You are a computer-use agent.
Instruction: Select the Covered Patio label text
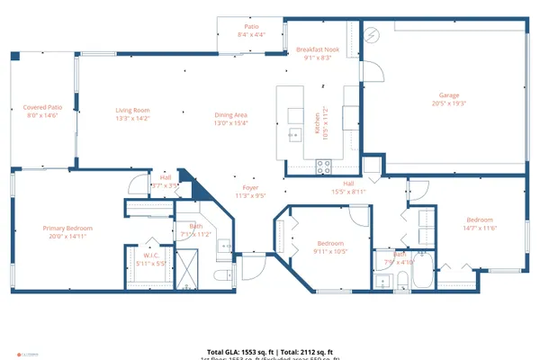click(x=41, y=107)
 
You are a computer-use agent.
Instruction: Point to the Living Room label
click(x=131, y=110)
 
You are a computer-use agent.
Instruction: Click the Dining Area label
click(x=230, y=114)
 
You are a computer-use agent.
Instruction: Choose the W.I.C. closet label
click(x=150, y=256)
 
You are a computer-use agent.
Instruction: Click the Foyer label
click(x=249, y=189)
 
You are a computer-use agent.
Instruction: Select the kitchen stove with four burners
click(x=324, y=166)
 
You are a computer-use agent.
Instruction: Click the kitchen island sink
click(x=294, y=135)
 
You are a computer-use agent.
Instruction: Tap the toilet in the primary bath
click(x=221, y=274)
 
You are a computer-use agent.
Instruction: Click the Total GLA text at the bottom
click(x=270, y=351)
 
